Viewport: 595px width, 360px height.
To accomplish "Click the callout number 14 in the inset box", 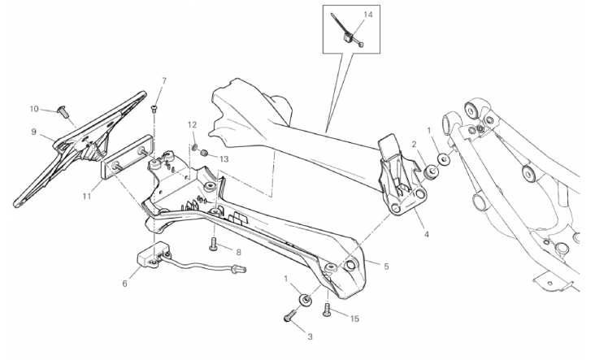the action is (368, 15).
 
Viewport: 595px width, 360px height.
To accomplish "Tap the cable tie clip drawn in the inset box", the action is (348, 36).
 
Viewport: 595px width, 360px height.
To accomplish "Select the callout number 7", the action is (164, 80).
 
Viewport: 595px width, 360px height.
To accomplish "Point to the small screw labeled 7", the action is (154, 108).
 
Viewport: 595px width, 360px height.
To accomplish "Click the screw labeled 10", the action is (61, 110).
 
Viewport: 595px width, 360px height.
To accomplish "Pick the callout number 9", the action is (34, 132).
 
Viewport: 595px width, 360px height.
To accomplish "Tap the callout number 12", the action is (193, 125).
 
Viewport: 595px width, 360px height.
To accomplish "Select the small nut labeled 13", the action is (205, 154).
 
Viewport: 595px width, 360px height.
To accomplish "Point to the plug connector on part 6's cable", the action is (240, 269).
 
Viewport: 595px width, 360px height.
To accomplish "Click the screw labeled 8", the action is (213, 244).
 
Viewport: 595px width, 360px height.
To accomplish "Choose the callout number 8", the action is (238, 252).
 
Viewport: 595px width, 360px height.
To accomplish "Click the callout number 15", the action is (354, 319).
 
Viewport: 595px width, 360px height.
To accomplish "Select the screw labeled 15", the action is (327, 310).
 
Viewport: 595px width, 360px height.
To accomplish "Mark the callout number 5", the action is (386, 267).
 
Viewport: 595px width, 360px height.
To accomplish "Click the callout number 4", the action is (427, 234).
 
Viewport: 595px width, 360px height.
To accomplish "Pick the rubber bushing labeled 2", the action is (431, 171).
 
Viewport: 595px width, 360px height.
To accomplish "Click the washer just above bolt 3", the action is (306, 299).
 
